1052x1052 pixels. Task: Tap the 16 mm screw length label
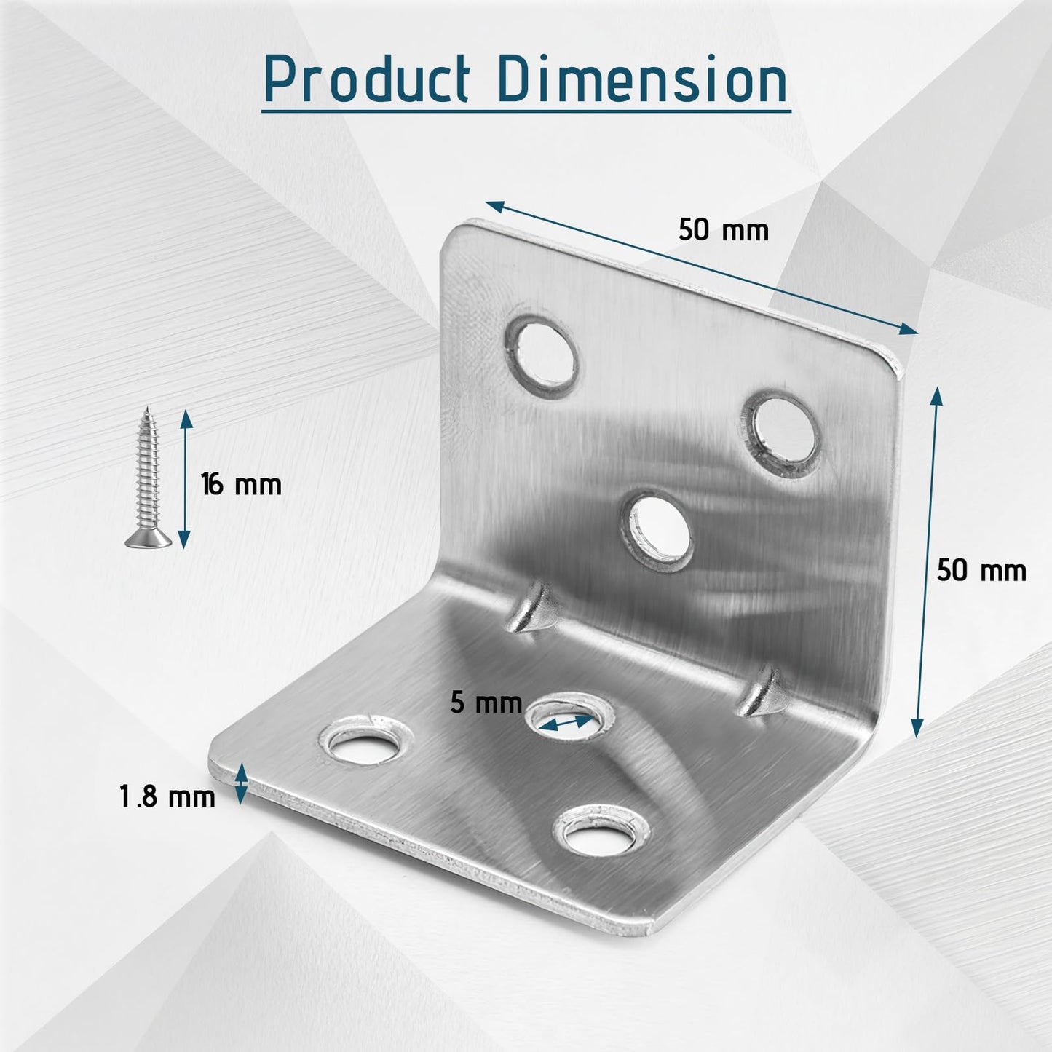coord(242,484)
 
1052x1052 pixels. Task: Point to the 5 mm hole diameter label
coord(486,703)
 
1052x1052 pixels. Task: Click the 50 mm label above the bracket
coord(723,230)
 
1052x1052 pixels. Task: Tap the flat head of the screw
coord(149,539)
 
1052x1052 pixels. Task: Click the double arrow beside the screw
coord(185,478)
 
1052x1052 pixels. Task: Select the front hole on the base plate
coord(600,831)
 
